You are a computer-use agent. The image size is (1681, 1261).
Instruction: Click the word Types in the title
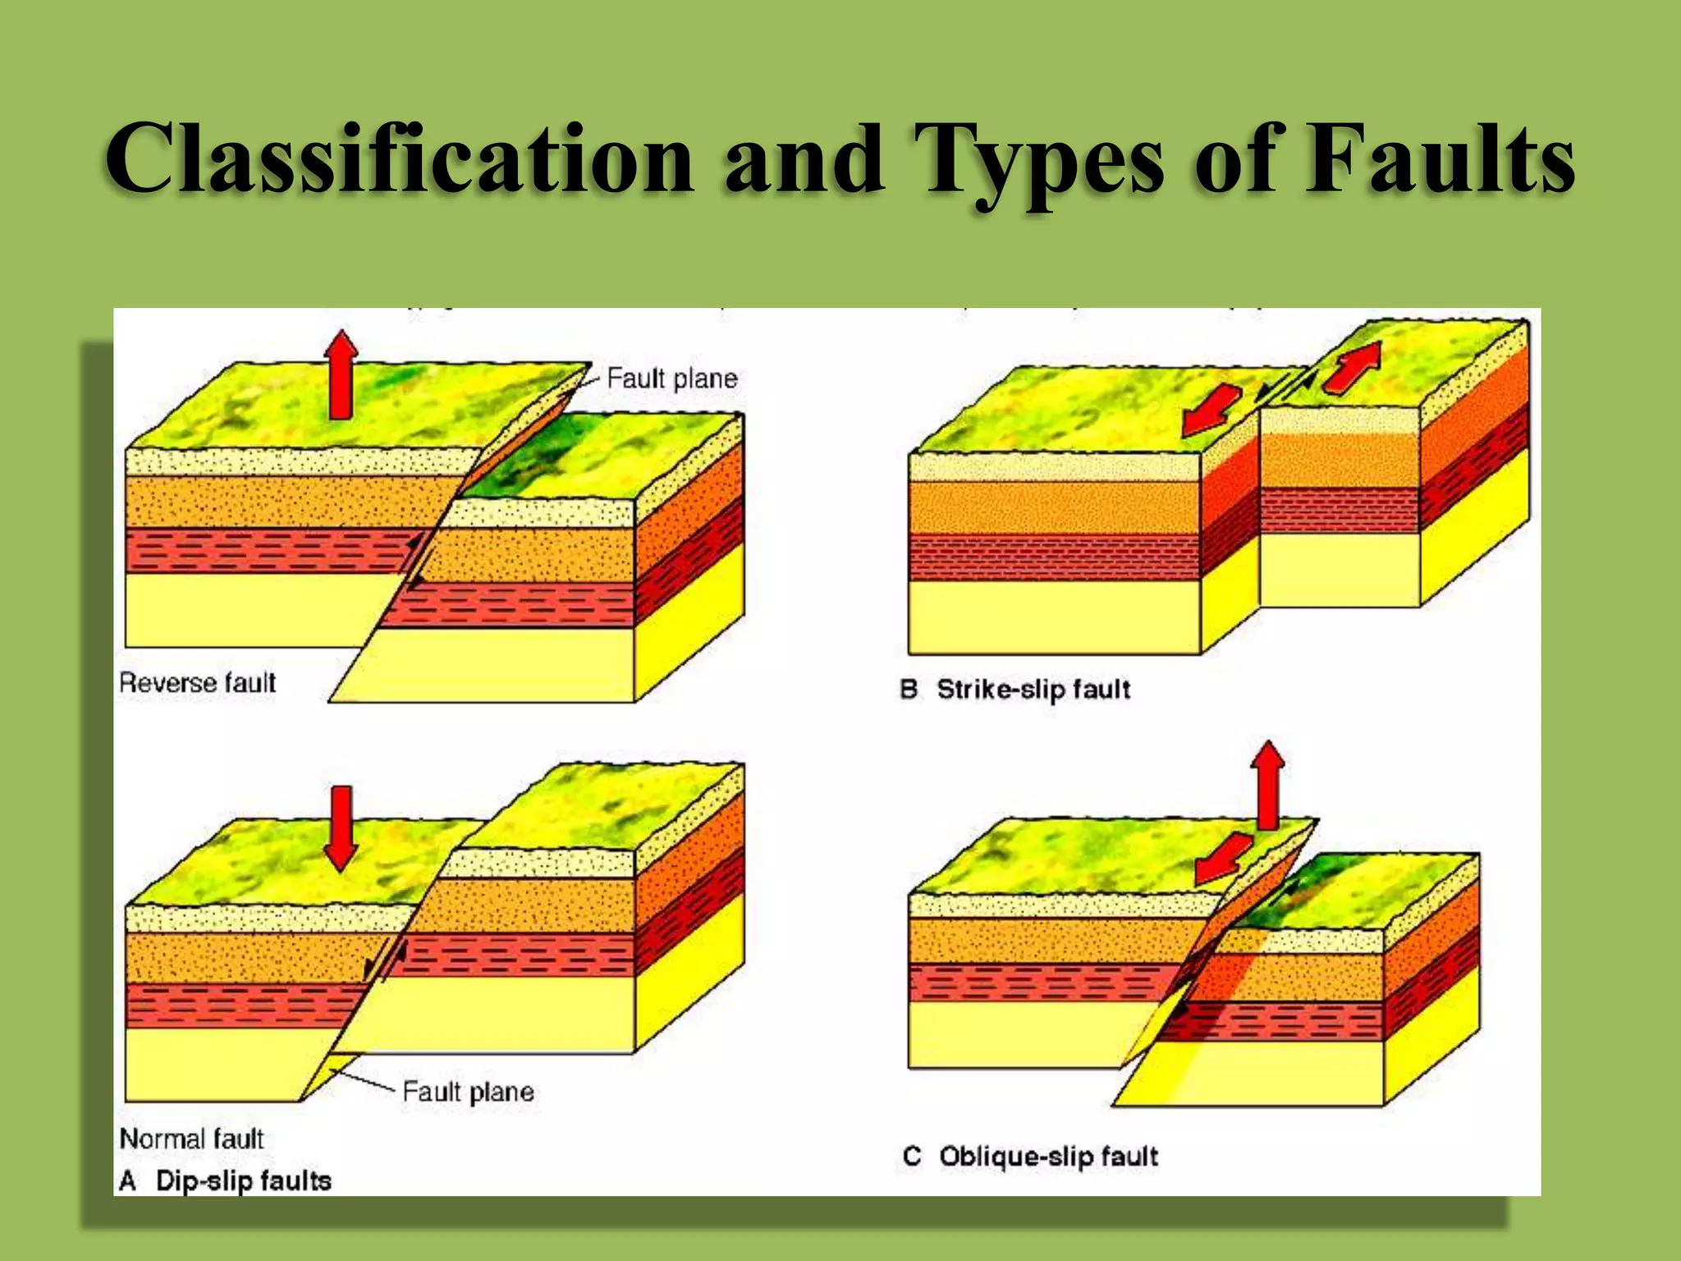point(1037,161)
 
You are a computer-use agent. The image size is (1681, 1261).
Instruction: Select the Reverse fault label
point(197,683)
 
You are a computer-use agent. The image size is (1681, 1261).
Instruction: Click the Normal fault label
point(191,1139)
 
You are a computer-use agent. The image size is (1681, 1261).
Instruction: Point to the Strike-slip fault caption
point(1033,689)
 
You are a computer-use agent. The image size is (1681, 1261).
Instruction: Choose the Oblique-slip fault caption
point(1048,1157)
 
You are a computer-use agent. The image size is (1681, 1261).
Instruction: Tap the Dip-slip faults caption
point(243,1181)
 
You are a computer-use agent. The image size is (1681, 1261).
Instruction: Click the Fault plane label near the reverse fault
point(671,378)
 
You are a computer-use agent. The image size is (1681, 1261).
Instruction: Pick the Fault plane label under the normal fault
point(468,1092)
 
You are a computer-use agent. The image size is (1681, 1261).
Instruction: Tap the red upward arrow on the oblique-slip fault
point(1268,784)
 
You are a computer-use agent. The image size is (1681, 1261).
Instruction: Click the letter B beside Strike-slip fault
point(909,689)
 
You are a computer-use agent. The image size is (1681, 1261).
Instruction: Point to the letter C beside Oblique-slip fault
point(912,1157)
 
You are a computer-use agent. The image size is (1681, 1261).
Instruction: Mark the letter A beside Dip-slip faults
point(127,1181)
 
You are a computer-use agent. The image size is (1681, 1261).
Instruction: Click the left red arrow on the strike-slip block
point(1211,410)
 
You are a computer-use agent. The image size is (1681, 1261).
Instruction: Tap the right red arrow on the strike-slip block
point(1353,366)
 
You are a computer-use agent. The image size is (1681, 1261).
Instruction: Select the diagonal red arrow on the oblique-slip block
point(1223,858)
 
